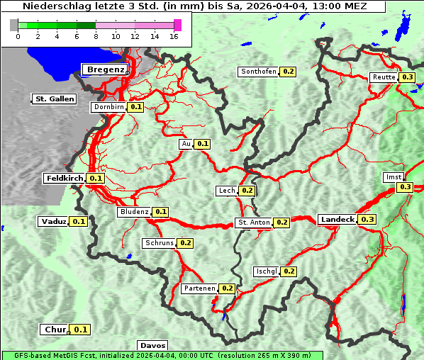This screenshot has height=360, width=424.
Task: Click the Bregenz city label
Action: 106,69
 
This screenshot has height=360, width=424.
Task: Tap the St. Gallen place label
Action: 54,99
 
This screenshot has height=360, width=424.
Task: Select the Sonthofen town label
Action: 259,72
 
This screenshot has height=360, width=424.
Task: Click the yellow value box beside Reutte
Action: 407,77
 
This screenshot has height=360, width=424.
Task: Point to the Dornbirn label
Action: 109,107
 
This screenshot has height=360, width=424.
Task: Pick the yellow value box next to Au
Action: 203,144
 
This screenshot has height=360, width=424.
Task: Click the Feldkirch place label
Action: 65,179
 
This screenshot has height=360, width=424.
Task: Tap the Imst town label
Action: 393,176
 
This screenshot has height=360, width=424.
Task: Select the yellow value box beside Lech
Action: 247,191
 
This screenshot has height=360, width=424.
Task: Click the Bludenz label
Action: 135,212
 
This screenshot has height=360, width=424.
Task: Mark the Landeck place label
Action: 337,220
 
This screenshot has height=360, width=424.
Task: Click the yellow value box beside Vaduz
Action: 79,222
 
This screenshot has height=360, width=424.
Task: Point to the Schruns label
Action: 159,243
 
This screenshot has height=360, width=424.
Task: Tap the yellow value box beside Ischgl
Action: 289,271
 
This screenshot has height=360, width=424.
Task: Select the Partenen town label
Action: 199,288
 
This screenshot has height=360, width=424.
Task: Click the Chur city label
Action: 55,330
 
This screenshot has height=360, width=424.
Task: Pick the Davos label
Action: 153,345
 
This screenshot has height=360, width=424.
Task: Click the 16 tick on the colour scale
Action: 174,36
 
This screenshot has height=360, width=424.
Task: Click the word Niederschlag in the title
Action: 52,6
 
